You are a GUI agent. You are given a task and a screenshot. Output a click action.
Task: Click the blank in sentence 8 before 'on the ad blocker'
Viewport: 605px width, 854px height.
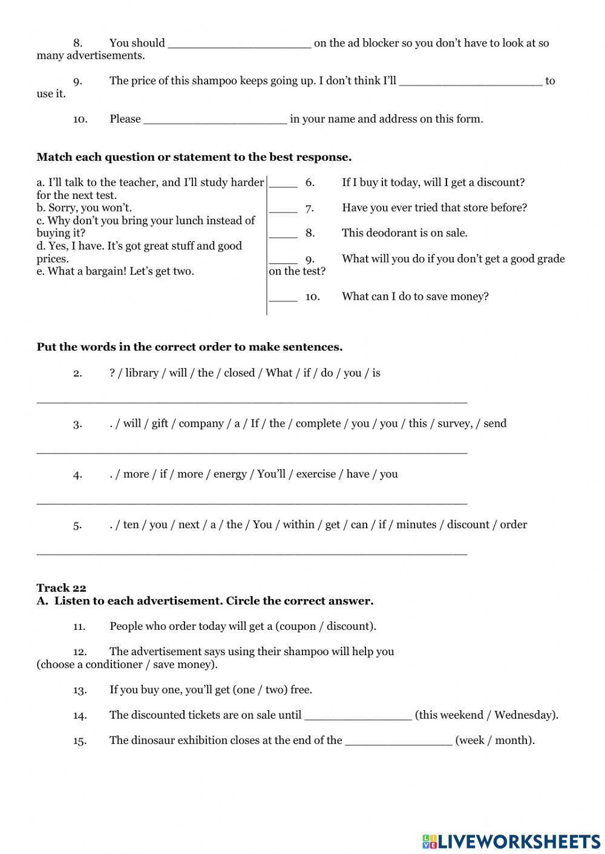point(239,44)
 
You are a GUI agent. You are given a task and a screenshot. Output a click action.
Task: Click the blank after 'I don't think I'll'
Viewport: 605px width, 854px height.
point(471,81)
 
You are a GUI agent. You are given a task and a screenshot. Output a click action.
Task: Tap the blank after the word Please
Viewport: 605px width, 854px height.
point(215,119)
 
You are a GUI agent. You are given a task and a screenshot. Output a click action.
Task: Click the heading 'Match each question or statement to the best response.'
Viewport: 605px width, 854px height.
point(194,157)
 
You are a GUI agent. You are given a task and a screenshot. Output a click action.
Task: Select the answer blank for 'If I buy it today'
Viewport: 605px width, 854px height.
point(283,183)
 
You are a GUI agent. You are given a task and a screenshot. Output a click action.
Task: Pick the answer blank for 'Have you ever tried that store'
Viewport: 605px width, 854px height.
point(283,209)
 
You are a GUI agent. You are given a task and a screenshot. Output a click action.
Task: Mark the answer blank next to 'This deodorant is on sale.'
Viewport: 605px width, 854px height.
point(283,234)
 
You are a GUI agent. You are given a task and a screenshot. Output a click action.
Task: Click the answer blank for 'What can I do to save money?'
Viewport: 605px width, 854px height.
point(283,297)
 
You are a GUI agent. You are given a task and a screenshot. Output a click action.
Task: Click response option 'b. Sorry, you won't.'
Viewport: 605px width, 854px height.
point(84,208)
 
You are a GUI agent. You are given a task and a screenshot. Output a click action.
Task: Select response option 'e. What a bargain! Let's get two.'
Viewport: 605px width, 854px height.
point(115,271)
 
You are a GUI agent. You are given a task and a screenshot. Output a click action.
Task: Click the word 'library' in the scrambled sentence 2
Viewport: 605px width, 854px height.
point(142,373)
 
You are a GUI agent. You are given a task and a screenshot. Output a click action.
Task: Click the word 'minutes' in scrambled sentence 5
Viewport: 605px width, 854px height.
point(416,525)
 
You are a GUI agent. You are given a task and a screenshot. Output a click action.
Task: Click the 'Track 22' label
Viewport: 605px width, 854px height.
point(61,588)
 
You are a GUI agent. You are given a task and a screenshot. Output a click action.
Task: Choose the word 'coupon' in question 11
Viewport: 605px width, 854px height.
point(298,627)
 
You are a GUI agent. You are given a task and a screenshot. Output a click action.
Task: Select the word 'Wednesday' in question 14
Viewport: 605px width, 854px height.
point(524,716)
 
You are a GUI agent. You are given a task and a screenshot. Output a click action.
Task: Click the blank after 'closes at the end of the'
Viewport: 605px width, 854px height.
point(398,741)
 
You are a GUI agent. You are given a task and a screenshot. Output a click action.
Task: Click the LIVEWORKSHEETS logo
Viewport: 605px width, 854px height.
point(511,841)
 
